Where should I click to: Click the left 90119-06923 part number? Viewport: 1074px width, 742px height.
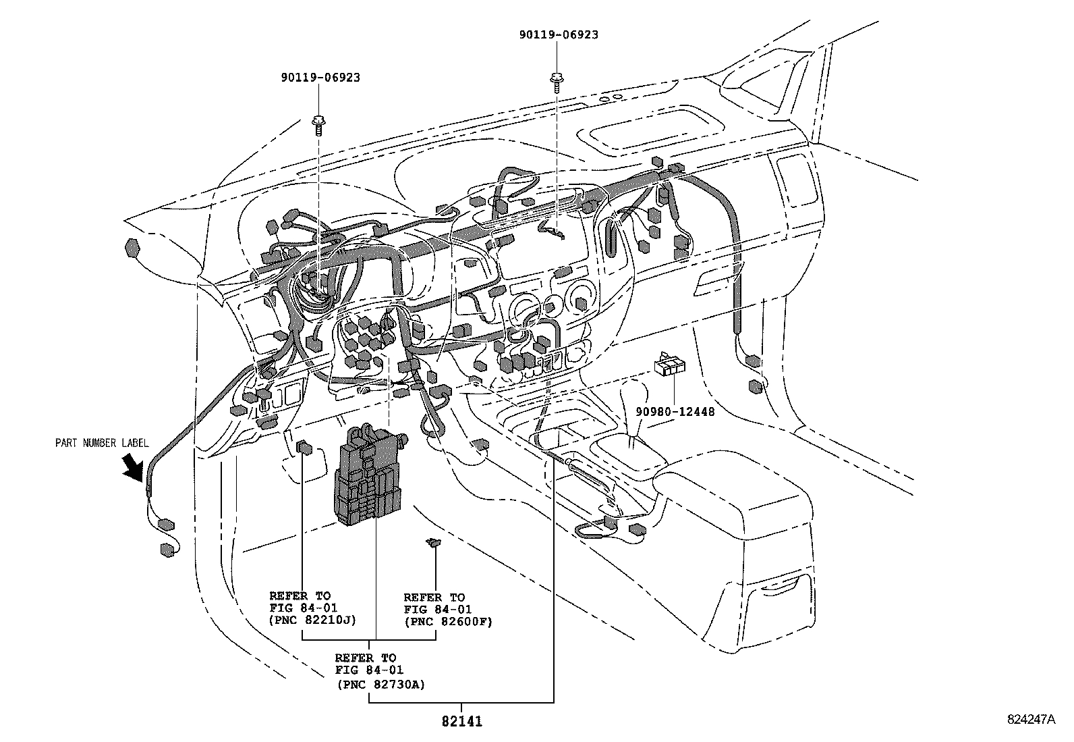point(320,78)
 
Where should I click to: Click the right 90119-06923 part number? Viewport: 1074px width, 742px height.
point(559,34)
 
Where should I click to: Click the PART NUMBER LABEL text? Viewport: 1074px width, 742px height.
point(101,443)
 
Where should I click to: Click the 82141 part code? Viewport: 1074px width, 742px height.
point(462,721)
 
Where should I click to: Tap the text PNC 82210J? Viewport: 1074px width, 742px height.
point(312,620)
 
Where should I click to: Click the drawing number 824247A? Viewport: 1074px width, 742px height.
point(1030,720)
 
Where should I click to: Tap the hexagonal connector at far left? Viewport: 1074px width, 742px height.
point(133,248)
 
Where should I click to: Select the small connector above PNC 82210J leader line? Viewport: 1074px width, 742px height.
point(304,448)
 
